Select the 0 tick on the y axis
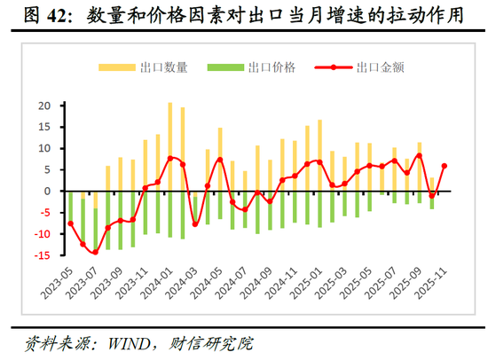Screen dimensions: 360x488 click(x=49, y=192)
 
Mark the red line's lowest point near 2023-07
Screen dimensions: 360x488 click(x=95, y=253)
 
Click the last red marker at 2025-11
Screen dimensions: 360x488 click(x=445, y=166)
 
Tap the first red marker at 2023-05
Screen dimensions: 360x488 click(x=71, y=223)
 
